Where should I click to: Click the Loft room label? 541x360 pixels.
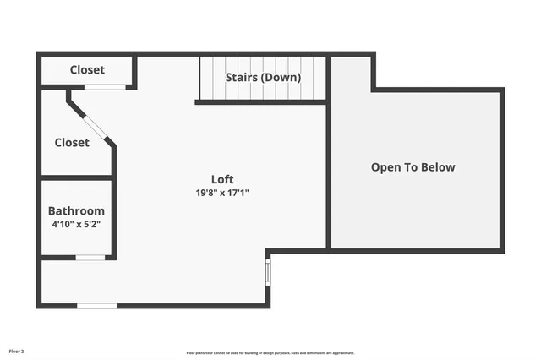point(222,179)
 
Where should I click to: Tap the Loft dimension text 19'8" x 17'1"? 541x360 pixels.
point(222,193)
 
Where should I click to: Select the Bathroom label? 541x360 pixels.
point(76,211)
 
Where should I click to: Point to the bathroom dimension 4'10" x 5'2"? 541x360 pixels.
point(76,225)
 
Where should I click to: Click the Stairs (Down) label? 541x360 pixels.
point(263,78)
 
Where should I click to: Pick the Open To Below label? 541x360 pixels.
point(413,167)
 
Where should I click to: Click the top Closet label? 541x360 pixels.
point(87,70)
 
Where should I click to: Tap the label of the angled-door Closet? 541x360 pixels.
point(72,143)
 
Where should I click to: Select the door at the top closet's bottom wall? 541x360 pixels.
point(105,87)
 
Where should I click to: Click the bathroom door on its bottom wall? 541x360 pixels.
point(90,257)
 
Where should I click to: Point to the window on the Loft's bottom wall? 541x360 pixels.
point(97,305)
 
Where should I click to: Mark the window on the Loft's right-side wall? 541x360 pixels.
point(268,272)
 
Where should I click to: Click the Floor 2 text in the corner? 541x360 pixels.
point(17,351)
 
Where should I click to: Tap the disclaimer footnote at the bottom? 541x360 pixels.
point(270,353)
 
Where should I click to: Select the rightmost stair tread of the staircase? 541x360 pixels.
point(320,78)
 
